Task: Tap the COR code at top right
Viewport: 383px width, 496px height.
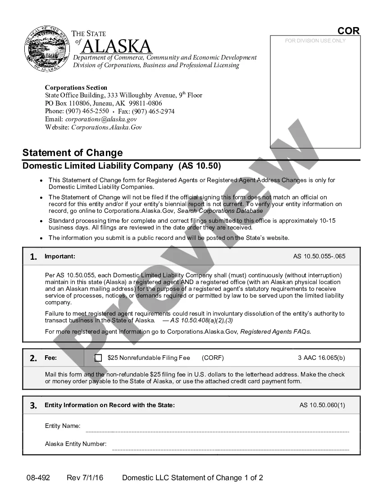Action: [x=349, y=31]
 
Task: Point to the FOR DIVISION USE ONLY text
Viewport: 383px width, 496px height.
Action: [x=315, y=41]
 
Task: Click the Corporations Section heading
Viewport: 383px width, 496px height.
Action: [x=76, y=87]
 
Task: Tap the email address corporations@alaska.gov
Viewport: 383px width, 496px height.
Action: [x=101, y=119]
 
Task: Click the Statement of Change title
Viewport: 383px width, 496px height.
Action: [x=73, y=152]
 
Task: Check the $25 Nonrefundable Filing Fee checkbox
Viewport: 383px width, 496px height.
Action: [x=98, y=358]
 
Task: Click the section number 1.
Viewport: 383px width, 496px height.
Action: [x=33, y=257]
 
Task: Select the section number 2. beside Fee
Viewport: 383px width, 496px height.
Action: [x=33, y=358]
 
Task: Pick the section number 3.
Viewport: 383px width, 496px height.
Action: [x=33, y=405]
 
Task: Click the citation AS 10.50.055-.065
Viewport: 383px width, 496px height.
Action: [x=319, y=257]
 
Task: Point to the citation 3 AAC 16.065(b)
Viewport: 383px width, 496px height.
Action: [x=321, y=358]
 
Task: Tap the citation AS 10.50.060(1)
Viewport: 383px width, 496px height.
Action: [x=322, y=405]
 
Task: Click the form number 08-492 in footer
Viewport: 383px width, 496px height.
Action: [x=38, y=478]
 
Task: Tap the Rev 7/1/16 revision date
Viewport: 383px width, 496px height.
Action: [x=85, y=478]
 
